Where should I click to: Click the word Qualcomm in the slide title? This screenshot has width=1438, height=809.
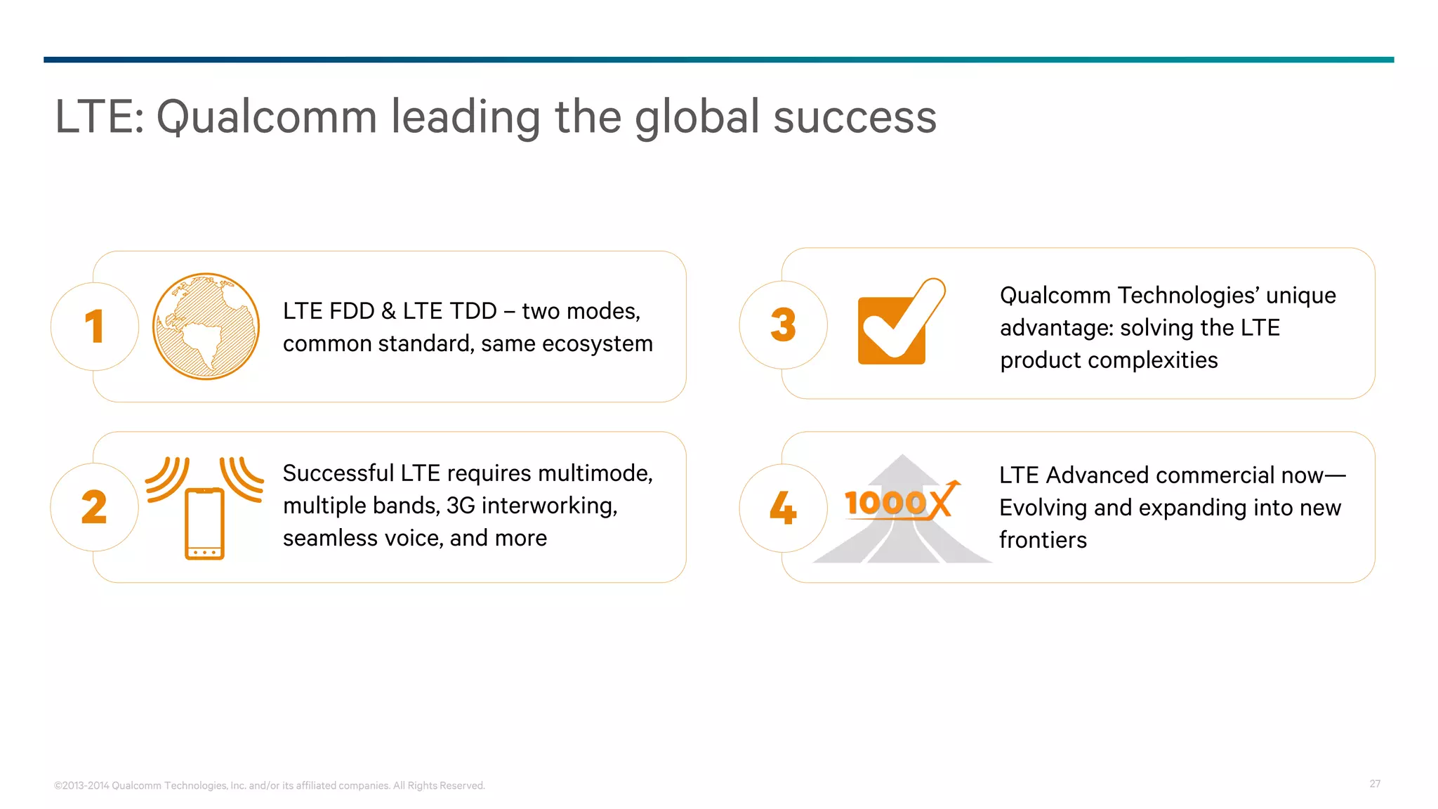[x=267, y=117]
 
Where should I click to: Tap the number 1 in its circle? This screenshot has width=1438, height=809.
[x=94, y=327]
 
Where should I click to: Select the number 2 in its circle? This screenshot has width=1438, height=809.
[x=94, y=507]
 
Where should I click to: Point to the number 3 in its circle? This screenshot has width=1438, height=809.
[x=783, y=325]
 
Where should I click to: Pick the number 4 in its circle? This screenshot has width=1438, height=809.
[x=783, y=508]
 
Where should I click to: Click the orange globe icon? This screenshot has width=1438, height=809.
[x=206, y=327]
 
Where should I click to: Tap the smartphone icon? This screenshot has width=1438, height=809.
[x=204, y=523]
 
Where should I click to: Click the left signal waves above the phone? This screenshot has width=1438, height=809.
[x=167, y=479]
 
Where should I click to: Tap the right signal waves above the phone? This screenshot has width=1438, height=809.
[x=242, y=479]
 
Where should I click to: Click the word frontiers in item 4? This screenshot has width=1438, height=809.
[x=1043, y=540]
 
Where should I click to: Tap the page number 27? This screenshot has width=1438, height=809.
[x=1375, y=784]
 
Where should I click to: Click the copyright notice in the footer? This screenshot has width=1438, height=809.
[x=270, y=785]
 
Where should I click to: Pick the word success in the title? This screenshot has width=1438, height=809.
[x=855, y=117]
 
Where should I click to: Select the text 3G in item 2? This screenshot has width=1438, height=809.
[x=461, y=506]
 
